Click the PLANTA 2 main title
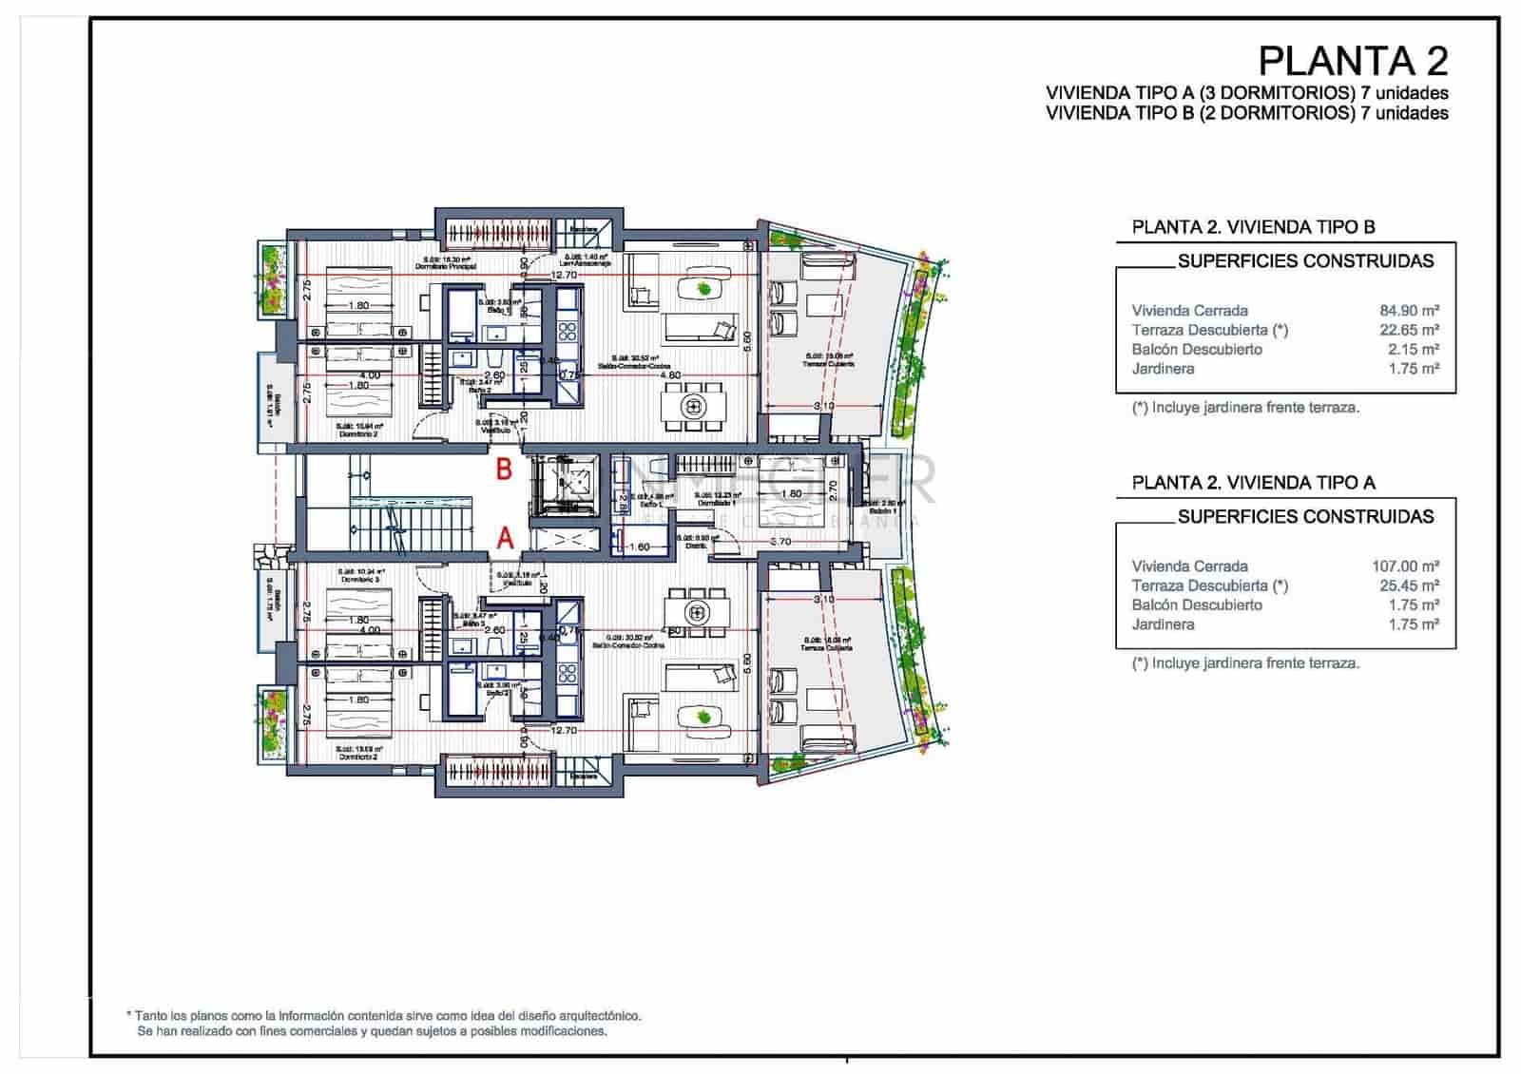click(x=1352, y=61)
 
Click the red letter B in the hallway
click(x=505, y=469)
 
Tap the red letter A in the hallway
click(x=506, y=539)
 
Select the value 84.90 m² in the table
click(x=1409, y=311)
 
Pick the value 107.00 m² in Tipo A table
click(x=1405, y=566)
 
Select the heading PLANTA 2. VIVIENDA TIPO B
click(x=1253, y=227)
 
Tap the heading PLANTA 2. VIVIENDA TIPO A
click(x=1253, y=483)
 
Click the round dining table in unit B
click(x=694, y=406)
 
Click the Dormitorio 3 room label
click(x=359, y=576)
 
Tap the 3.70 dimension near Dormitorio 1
click(x=780, y=541)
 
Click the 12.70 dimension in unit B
click(x=564, y=275)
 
